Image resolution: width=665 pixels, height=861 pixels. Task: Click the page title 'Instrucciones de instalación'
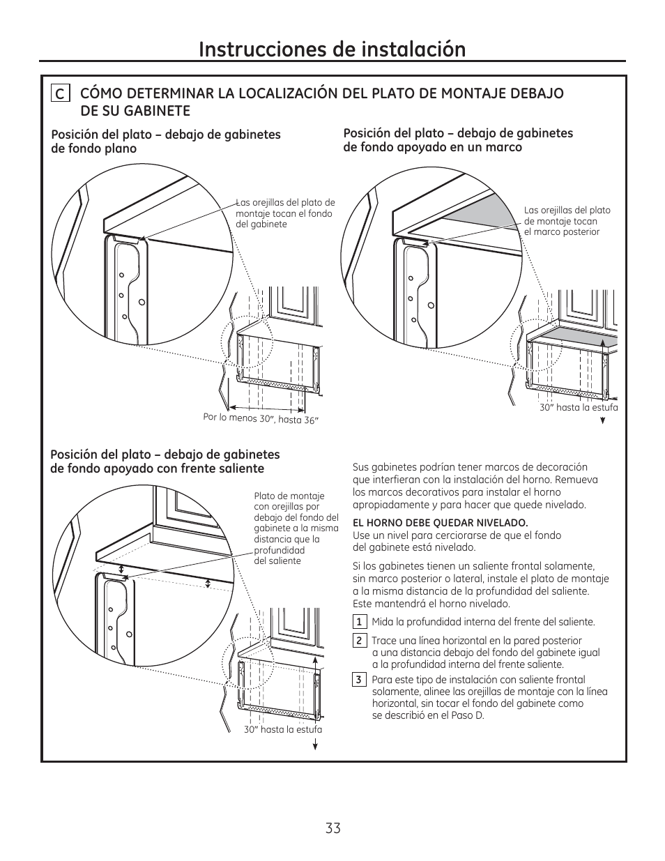point(332,49)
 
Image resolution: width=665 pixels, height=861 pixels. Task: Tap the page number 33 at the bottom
point(332,828)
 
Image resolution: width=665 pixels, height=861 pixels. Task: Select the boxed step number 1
point(359,622)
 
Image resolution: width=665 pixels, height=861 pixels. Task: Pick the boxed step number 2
point(359,641)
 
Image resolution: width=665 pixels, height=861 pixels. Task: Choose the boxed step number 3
point(359,680)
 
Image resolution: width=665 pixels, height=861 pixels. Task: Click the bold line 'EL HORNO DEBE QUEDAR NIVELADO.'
point(441,523)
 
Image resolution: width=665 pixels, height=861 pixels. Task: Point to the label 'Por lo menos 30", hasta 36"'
point(261,418)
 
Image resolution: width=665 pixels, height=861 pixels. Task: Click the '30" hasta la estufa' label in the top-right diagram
point(579,408)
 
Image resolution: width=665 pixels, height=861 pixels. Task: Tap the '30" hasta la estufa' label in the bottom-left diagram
point(283,729)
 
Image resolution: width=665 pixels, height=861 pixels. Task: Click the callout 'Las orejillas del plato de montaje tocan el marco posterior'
point(567,221)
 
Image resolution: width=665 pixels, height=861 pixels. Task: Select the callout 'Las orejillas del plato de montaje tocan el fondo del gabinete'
point(285,213)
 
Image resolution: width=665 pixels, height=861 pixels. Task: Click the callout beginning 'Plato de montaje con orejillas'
point(296,528)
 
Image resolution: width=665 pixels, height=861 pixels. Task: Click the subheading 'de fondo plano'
point(94,148)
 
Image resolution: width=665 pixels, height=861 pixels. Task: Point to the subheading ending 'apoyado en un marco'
point(432,147)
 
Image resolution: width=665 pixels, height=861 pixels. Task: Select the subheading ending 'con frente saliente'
point(157,468)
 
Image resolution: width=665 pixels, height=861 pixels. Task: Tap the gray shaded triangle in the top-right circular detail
point(474,211)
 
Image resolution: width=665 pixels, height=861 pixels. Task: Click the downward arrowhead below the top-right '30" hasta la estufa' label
point(602,421)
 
